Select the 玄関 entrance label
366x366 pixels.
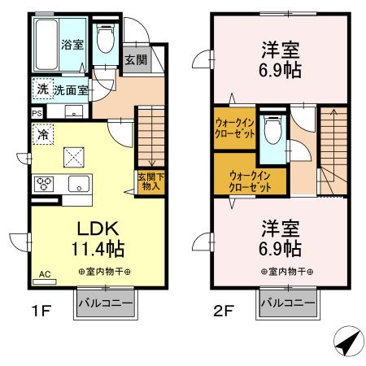[135, 59]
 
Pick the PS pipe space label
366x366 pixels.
[37, 113]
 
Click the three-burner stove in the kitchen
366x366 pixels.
[42, 183]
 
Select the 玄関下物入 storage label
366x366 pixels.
[148, 182]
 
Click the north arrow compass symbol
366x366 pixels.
[347, 342]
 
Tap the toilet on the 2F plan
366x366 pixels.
[272, 129]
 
